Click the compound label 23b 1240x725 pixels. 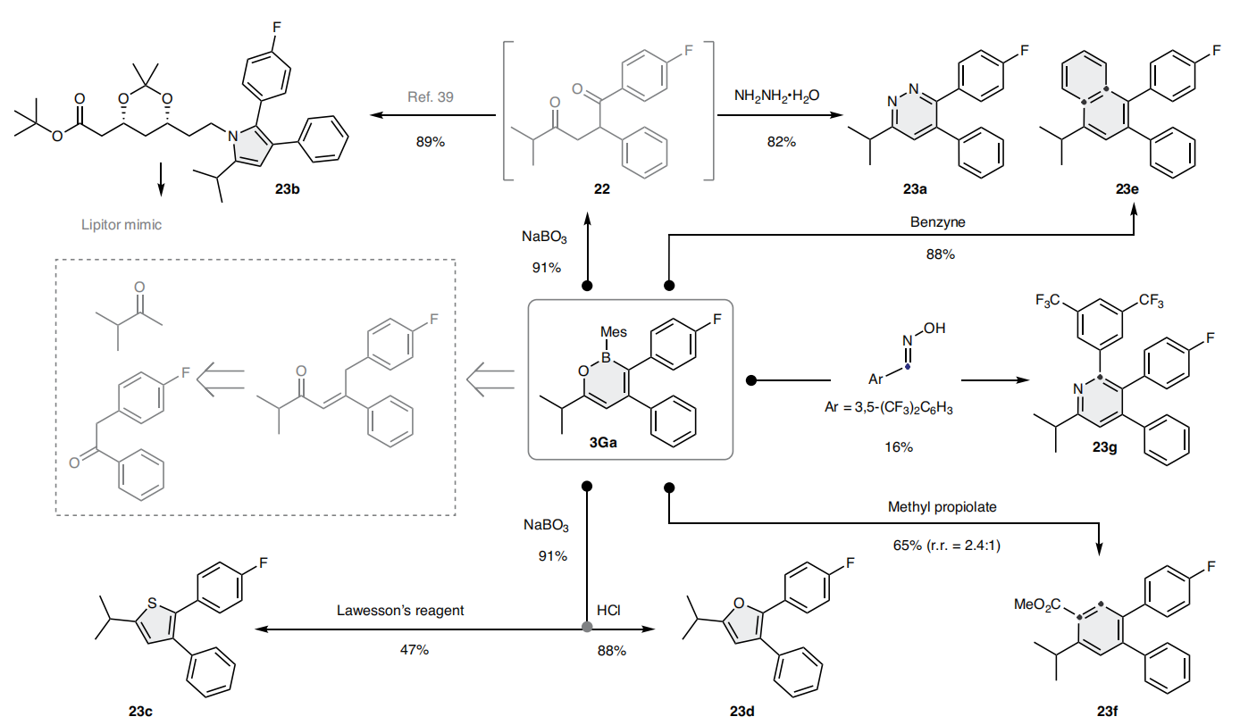click(x=291, y=190)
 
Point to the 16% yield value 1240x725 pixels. click(x=899, y=446)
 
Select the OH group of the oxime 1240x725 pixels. click(x=934, y=329)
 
